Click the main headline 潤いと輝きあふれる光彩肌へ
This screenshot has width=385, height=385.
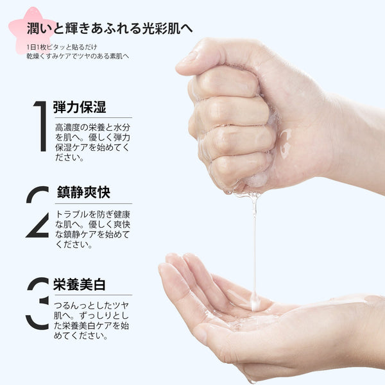(x=110, y=28)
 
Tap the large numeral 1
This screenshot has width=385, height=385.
(x=41, y=126)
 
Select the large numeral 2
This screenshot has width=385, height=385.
(x=38, y=212)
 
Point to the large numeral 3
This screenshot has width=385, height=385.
(x=38, y=304)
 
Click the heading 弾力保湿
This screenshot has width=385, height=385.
(x=80, y=107)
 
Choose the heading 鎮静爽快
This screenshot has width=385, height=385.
(x=83, y=192)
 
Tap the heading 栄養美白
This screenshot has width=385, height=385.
(x=80, y=285)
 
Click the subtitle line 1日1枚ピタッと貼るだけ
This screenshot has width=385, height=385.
(x=62, y=47)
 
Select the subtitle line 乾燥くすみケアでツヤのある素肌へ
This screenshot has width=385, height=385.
(x=78, y=56)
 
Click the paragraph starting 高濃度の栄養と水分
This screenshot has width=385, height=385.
(x=92, y=142)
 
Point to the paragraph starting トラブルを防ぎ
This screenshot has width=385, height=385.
(x=92, y=229)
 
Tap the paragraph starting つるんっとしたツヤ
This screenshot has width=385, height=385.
(x=91, y=320)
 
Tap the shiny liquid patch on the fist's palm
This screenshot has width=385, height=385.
(x=286, y=143)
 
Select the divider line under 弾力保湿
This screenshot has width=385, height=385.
(x=94, y=118)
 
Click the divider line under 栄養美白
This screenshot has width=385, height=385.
(x=94, y=295)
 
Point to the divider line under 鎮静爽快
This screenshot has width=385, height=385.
(x=94, y=203)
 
